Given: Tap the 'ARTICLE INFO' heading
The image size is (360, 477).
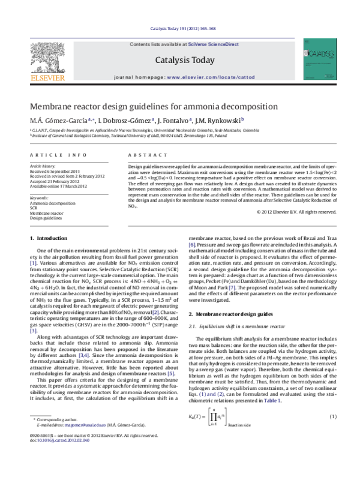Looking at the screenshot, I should point(57,155).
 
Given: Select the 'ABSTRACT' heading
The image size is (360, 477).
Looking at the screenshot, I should point(145,155).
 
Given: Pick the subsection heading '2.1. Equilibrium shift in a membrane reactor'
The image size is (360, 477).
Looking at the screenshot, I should point(242,343).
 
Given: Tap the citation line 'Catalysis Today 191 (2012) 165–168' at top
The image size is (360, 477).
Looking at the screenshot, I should point(180,28).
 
